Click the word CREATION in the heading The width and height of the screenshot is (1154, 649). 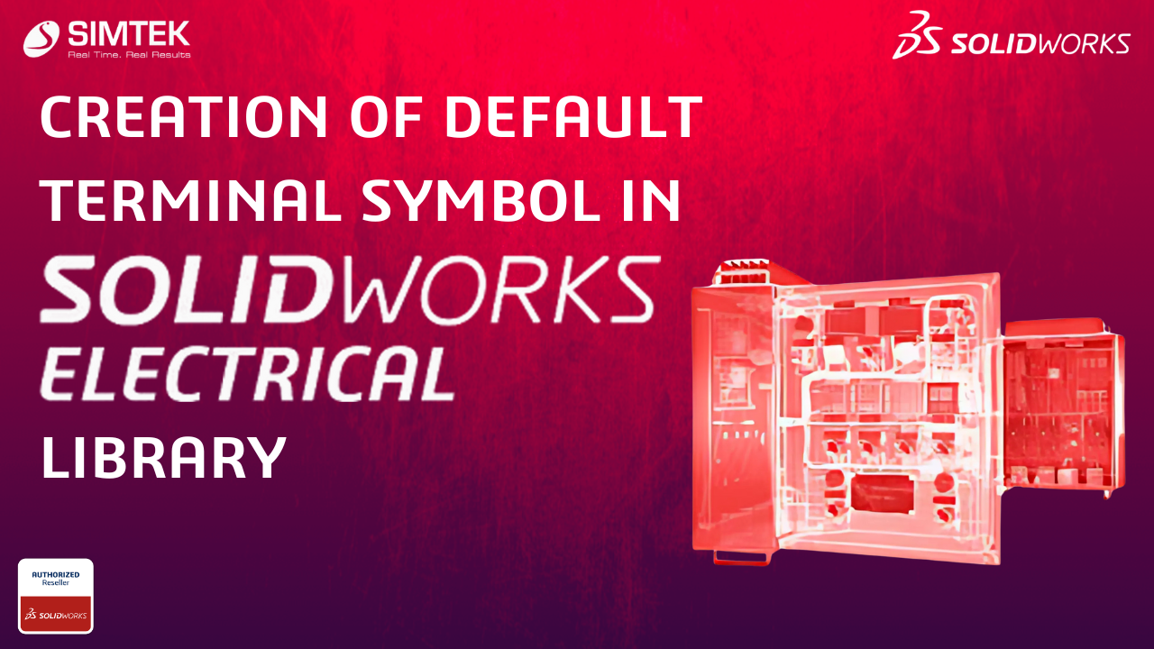(184, 117)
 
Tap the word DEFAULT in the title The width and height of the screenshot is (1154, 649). (574, 117)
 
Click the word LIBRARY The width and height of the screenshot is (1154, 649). (163, 457)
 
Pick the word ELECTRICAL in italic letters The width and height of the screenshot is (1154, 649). (247, 373)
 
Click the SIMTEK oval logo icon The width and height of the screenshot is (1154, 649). (41, 39)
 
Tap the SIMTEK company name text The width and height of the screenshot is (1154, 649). (129, 34)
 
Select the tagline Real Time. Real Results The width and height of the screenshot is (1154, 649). (129, 55)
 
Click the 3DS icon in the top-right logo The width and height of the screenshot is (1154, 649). (918, 35)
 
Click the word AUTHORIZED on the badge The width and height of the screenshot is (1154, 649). (56, 574)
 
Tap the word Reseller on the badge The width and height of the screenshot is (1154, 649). (56, 582)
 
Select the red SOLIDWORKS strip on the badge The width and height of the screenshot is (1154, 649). (56, 614)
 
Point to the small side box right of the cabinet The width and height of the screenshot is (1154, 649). (1064, 407)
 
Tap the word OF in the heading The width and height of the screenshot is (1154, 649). (387, 117)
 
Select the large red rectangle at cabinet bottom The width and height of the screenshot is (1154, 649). (884, 493)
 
